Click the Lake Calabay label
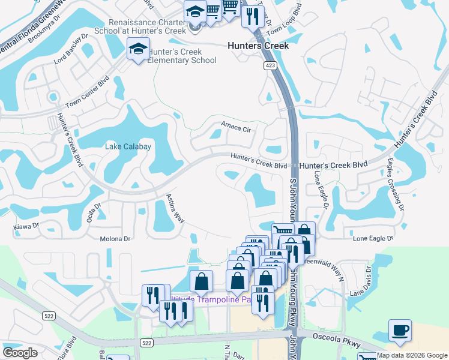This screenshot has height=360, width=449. [128, 146]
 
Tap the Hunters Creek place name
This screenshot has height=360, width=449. [258, 46]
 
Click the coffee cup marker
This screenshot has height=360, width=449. [400, 331]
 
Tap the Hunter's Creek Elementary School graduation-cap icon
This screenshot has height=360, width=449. [138, 49]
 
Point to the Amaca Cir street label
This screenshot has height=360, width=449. [235, 126]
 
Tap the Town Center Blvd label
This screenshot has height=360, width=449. [88, 91]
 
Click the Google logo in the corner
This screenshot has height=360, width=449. [20, 353]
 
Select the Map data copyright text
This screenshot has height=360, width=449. [412, 356]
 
